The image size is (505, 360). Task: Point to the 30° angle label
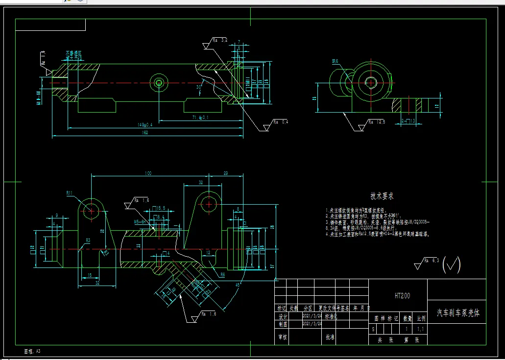click(x=199, y=87)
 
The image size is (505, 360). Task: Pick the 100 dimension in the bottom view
click(x=148, y=173)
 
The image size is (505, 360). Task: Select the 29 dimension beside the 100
click(x=226, y=173)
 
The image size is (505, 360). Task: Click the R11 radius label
click(x=70, y=193)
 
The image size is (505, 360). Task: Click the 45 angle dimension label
click(x=238, y=285)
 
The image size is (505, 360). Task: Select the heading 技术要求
click(x=382, y=196)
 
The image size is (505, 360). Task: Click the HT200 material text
click(x=402, y=296)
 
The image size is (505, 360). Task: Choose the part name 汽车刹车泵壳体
click(x=457, y=313)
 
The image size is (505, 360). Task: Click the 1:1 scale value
click(x=420, y=330)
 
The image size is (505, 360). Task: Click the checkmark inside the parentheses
click(x=453, y=265)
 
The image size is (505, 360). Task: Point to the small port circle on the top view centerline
click(x=159, y=82)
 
